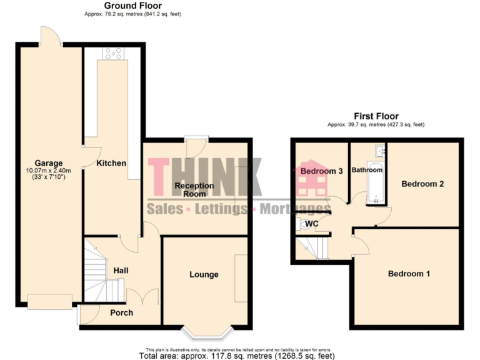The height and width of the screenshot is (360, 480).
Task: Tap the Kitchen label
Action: click(111, 163)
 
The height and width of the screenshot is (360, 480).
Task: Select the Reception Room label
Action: click(194, 189)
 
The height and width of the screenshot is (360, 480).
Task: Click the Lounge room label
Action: click(204, 274)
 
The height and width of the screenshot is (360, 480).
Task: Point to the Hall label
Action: click(121, 270)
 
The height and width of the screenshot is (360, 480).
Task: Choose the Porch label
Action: click(121, 312)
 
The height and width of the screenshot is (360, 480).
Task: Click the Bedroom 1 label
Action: click(409, 274)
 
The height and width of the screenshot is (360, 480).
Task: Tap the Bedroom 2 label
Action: click(422, 184)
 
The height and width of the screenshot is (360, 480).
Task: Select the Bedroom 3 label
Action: click(322, 171)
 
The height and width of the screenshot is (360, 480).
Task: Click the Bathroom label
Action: click(367, 169)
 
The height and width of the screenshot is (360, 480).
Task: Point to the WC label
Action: click(312, 224)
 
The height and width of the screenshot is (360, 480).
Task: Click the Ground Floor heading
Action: click(132, 6)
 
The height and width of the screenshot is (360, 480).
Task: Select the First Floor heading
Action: click(376, 116)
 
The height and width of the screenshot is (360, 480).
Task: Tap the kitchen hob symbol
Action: click(114, 54)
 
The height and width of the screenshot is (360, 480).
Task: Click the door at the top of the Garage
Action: click(50, 37)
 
